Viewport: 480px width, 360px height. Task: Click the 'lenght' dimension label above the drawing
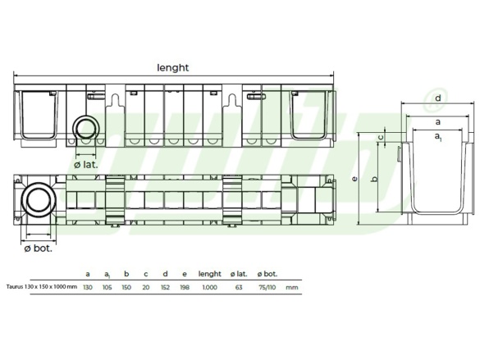tap(172, 67)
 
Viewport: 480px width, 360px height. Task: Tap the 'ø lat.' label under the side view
tap(86, 165)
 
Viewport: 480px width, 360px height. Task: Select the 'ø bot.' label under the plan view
tap(39, 248)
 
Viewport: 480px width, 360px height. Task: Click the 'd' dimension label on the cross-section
tap(438, 98)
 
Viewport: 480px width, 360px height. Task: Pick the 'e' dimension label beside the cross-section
tap(354, 178)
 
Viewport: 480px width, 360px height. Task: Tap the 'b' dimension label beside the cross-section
tap(374, 179)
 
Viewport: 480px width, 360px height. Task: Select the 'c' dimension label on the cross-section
tap(380, 137)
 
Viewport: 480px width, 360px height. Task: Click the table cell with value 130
tap(88, 288)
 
